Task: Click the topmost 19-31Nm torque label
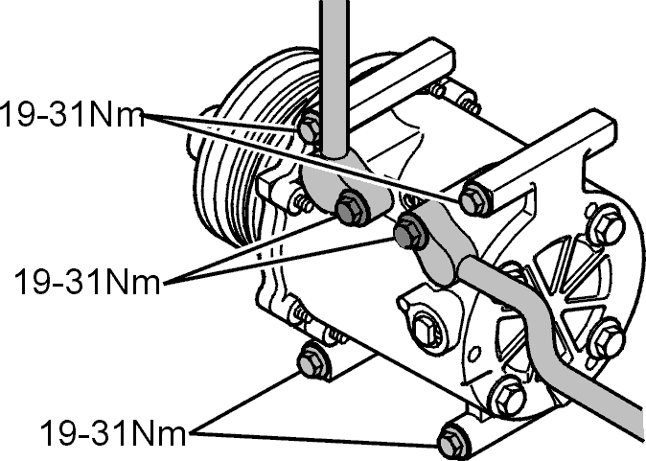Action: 72,114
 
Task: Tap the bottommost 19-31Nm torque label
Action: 113,432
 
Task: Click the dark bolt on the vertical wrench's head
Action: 352,209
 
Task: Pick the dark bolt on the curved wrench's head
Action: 408,232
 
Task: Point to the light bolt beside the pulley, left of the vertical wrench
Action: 310,129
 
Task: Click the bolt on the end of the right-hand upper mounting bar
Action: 473,199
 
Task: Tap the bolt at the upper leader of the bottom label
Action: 312,361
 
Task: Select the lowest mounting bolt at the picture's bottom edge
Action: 452,442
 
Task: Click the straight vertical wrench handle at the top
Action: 335,79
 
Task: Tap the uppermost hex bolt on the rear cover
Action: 605,225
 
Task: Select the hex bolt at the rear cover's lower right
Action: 607,338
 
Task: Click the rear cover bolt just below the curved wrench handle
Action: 508,398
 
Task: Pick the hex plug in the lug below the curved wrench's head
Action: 426,329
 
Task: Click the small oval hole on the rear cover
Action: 474,353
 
